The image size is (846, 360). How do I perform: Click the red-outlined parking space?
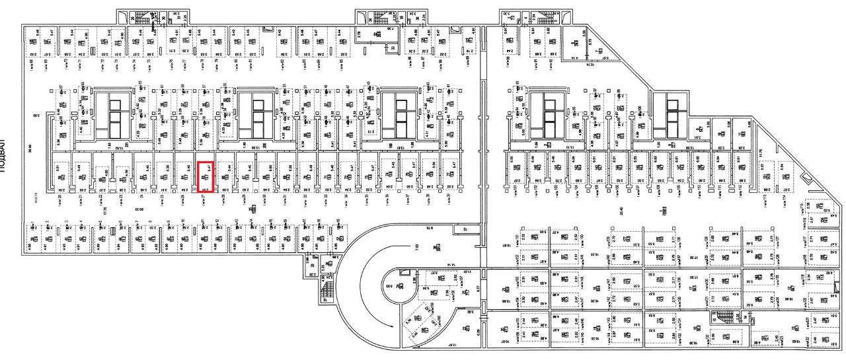pos(206,176)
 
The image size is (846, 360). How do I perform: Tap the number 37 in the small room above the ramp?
pos(465,229)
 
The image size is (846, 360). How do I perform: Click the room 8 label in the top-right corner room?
pos(574,42)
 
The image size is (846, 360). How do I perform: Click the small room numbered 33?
pos(393,48)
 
